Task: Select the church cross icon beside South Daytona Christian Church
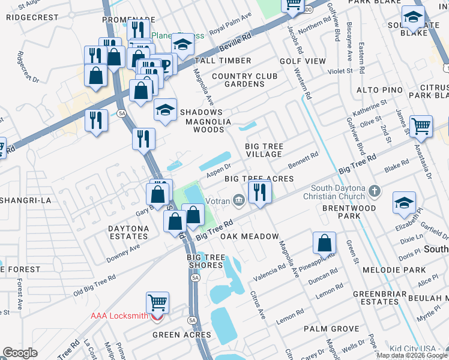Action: pos(375,192)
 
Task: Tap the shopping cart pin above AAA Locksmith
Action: pos(157,302)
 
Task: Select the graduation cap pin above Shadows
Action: pos(165,110)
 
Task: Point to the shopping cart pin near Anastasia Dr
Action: pos(421,126)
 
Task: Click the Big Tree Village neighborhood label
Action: pos(264,150)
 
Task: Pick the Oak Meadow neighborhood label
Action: pos(249,236)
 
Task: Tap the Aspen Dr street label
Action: pos(218,171)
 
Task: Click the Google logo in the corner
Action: pos(20,353)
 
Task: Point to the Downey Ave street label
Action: pos(124,250)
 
